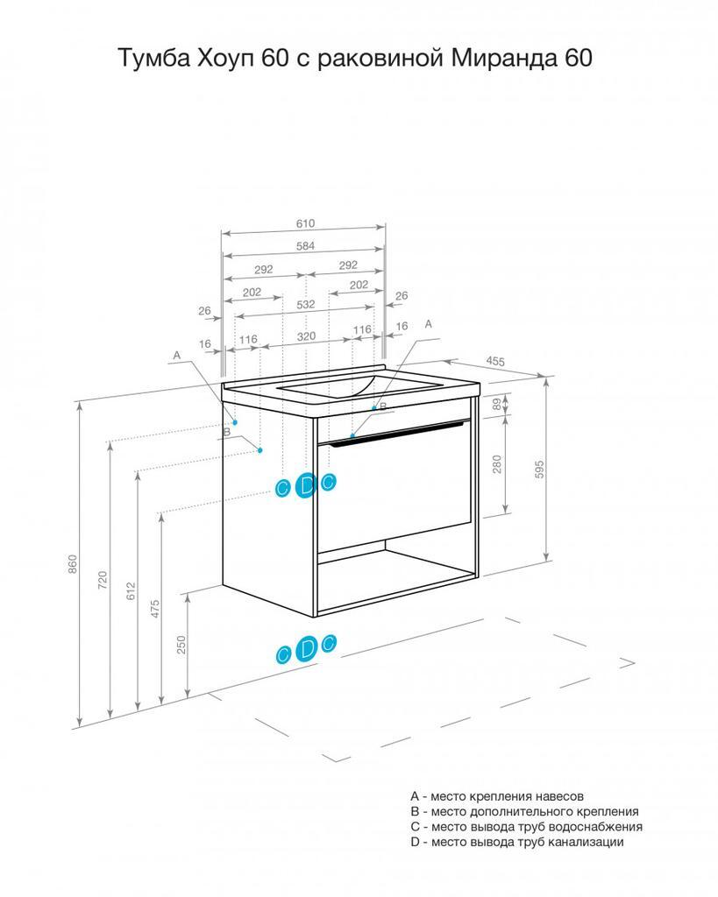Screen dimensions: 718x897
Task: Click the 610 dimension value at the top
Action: point(305,223)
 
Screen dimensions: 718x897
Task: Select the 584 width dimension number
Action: point(305,246)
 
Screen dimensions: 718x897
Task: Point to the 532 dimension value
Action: point(306,304)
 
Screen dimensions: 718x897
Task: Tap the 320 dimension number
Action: point(306,336)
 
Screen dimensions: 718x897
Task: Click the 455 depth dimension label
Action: point(495,361)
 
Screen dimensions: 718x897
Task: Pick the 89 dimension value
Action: point(497,403)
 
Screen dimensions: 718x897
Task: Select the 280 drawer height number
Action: point(497,464)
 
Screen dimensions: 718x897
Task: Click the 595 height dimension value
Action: point(539,470)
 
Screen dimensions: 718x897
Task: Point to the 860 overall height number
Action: point(73,565)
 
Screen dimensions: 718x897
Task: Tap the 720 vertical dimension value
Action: point(103,580)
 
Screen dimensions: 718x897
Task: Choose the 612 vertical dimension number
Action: point(132,591)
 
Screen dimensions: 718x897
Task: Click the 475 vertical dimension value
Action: point(155,609)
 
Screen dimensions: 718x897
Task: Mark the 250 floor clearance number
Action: point(181,646)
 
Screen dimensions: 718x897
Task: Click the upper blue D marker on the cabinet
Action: point(306,485)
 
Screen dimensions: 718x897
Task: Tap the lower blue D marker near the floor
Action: point(306,648)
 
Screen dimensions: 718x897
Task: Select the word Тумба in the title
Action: point(153,58)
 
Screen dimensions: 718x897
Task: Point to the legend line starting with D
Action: point(517,842)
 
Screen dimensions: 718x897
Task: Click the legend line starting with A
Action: point(497,795)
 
